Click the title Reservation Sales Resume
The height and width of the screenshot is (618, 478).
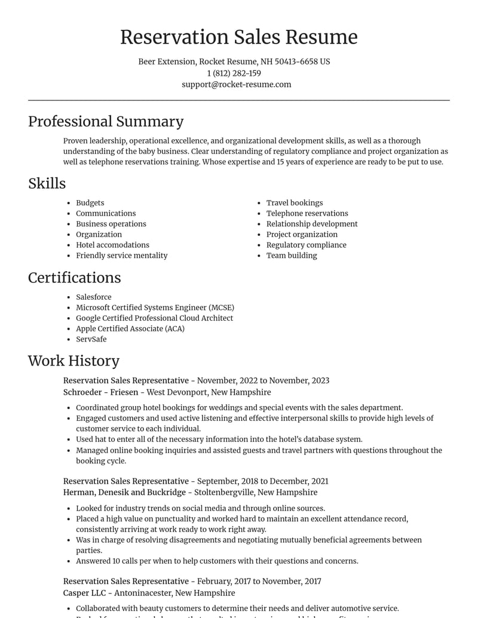[x=238, y=37]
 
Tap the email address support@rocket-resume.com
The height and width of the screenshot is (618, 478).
[x=237, y=85]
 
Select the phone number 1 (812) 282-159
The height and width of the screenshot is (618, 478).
[x=234, y=73]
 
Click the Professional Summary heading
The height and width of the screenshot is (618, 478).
[x=106, y=122]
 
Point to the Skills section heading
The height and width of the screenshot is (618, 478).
[x=47, y=184]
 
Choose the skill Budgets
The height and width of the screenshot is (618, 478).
[x=90, y=203]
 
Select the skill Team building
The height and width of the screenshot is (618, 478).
[x=292, y=256]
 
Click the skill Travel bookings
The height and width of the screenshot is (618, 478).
[x=294, y=203]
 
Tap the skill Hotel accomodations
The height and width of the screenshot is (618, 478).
[x=112, y=245]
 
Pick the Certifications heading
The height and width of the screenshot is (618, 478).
[x=74, y=278]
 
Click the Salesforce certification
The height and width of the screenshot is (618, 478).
[x=93, y=297]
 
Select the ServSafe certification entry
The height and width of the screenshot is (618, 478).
[x=91, y=339]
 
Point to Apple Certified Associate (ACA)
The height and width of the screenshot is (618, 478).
[x=130, y=329]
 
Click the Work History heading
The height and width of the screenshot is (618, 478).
[x=73, y=361]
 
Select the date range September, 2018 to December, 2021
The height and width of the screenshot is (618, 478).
[x=262, y=481]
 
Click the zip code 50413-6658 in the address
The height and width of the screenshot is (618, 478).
[x=296, y=62]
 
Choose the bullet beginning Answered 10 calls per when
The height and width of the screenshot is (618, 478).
[x=217, y=561]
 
